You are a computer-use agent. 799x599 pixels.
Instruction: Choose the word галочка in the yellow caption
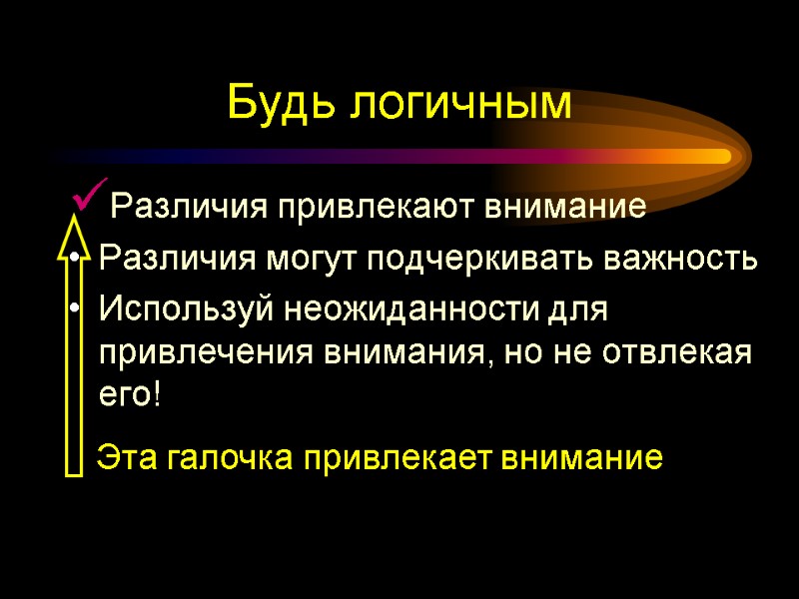tap(226, 458)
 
